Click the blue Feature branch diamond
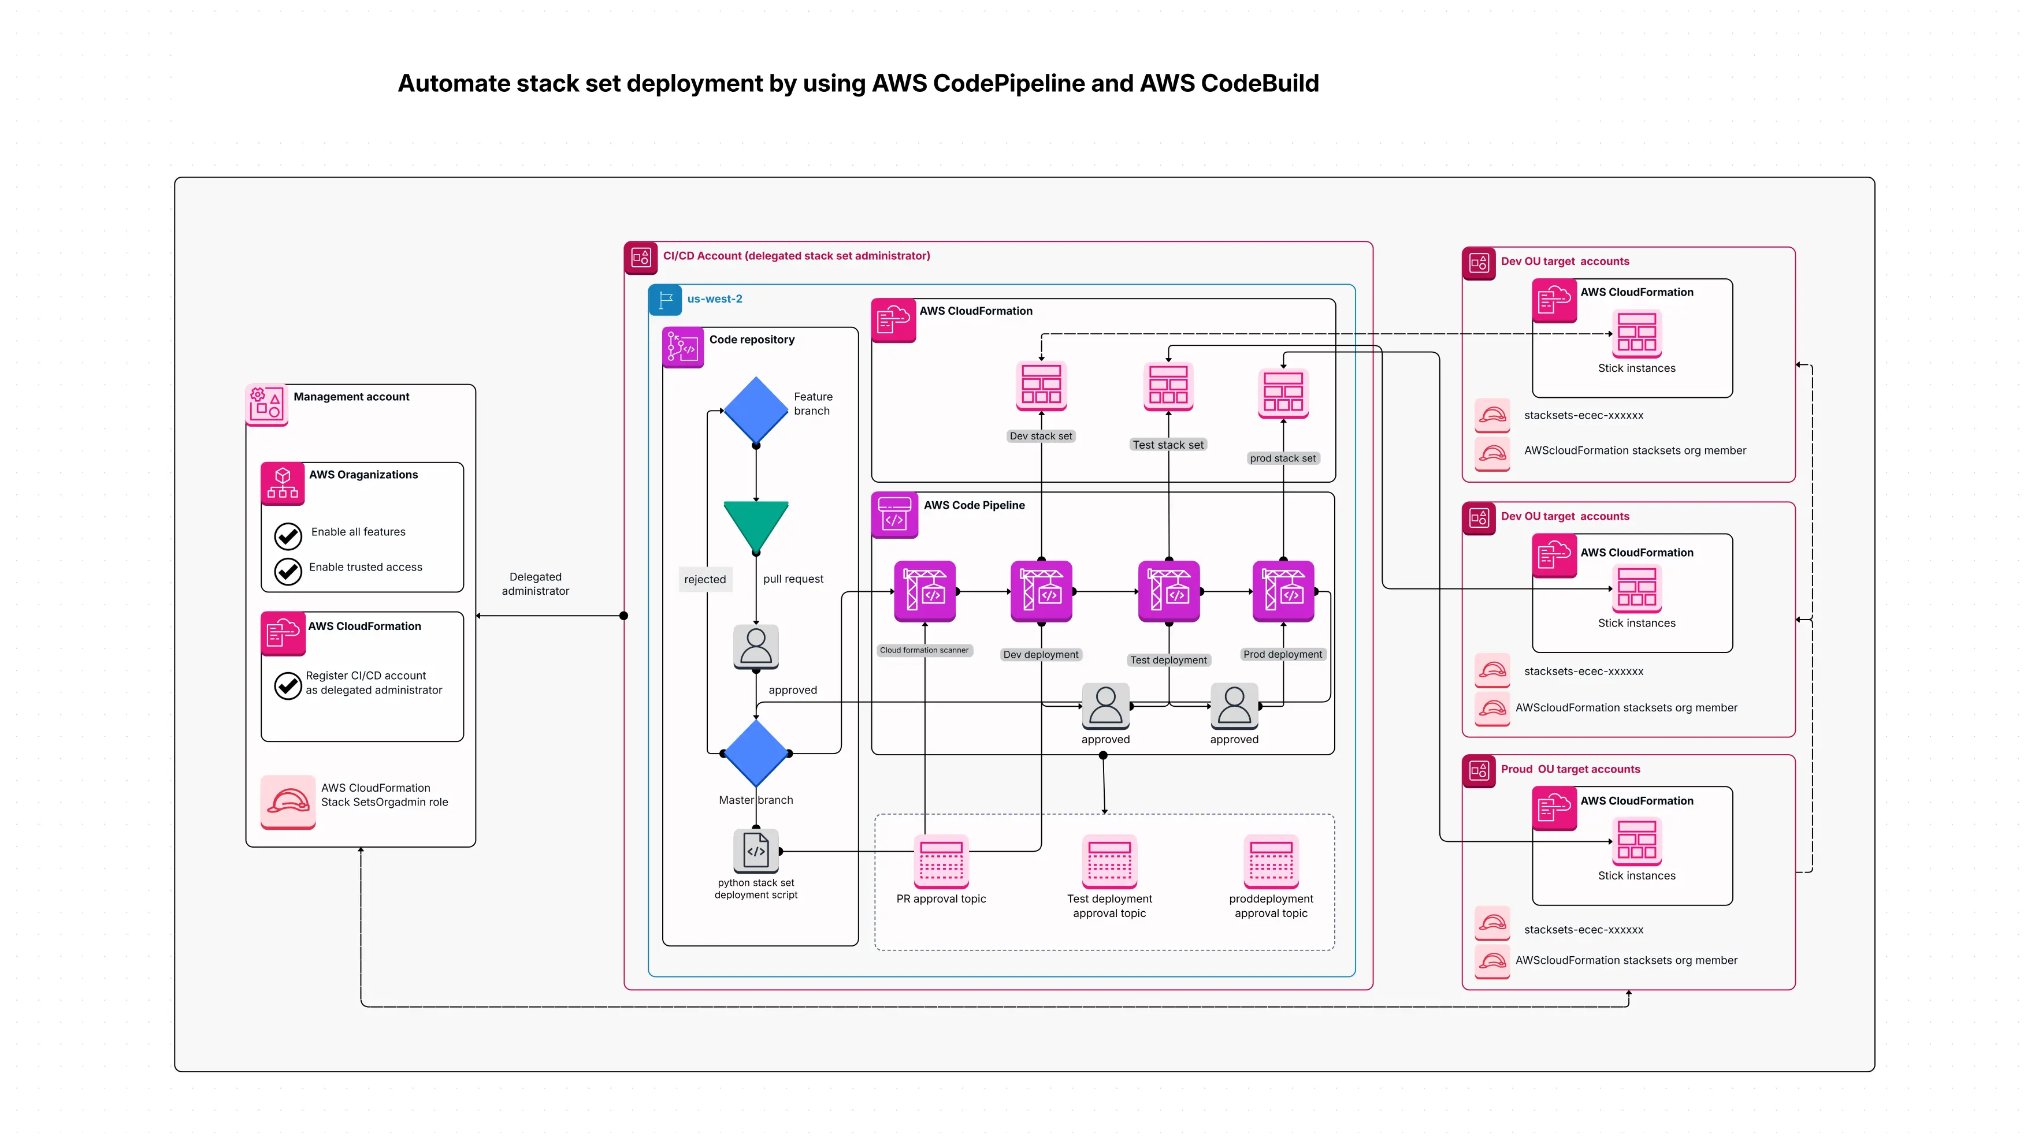pos(755,410)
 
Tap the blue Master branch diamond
pos(755,752)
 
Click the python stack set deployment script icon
pos(755,850)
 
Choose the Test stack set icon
pos(1168,386)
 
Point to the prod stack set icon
pos(1283,393)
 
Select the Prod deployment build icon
pos(1283,591)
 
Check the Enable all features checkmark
pos(288,536)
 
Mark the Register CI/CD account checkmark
pos(288,685)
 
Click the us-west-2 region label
pos(714,299)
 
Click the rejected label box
pos(704,579)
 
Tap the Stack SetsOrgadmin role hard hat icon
pos(288,801)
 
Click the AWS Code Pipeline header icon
pos(894,514)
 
